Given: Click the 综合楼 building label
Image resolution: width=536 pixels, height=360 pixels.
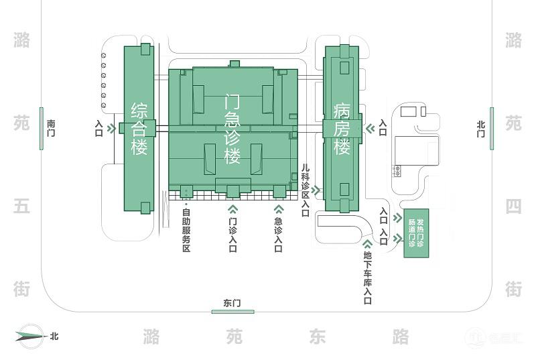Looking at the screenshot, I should point(139,129).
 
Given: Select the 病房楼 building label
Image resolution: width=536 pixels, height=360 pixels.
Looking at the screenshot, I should point(342,129).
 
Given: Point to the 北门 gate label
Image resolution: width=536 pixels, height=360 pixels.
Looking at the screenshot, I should point(480,129).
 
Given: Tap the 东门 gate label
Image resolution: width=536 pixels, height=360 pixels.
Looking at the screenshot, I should point(232,302).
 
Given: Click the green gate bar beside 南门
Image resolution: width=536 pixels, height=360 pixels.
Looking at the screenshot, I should point(42,128).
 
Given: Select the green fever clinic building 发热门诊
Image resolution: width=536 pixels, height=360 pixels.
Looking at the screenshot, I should point(416,233).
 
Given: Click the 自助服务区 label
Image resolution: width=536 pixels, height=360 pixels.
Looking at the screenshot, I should point(186,231).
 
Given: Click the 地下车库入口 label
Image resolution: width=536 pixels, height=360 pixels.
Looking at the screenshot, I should point(368,277).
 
